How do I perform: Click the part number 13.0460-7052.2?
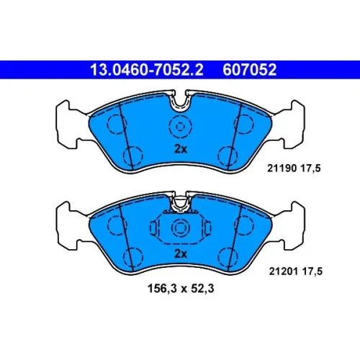[147, 70]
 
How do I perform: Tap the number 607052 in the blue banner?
[250, 70]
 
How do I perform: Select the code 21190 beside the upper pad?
[282, 168]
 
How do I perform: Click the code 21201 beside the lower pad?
[284, 271]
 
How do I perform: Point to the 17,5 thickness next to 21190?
[310, 168]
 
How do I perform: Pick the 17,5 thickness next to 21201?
[312, 271]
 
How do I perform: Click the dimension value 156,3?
[162, 289]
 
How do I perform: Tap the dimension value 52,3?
[202, 289]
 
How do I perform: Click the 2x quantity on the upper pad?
[181, 149]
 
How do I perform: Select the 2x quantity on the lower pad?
[181, 253]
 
